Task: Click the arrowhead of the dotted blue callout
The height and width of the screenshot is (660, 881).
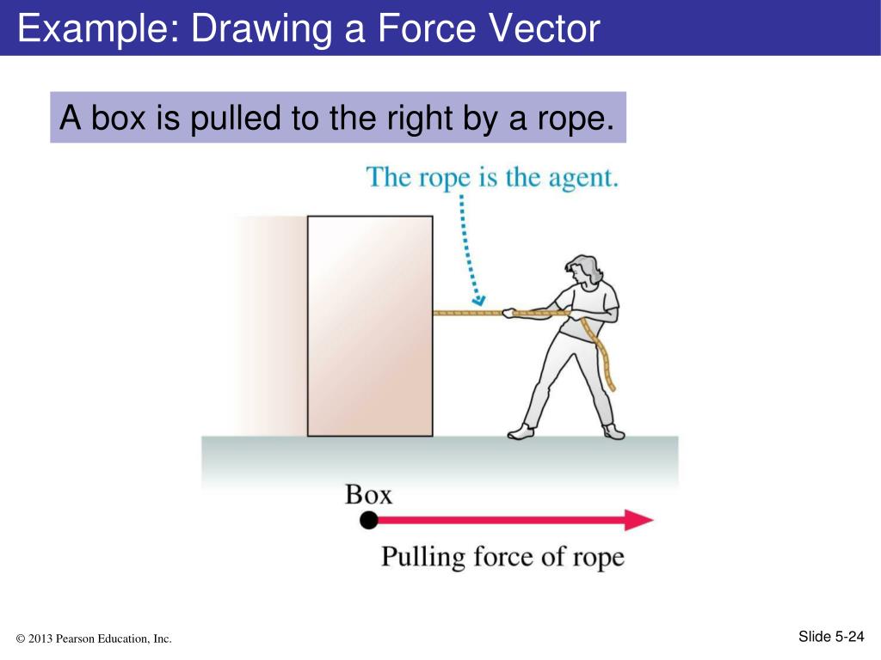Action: pyautogui.click(x=479, y=300)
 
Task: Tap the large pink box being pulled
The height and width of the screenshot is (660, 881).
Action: pyautogui.click(x=370, y=326)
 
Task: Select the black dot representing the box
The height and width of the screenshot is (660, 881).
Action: pyautogui.click(x=369, y=519)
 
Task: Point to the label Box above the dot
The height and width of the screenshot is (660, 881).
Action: pyautogui.click(x=368, y=494)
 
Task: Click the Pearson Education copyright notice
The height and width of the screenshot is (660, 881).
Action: pyautogui.click(x=94, y=638)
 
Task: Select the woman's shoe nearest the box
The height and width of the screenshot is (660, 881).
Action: pyautogui.click(x=521, y=431)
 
